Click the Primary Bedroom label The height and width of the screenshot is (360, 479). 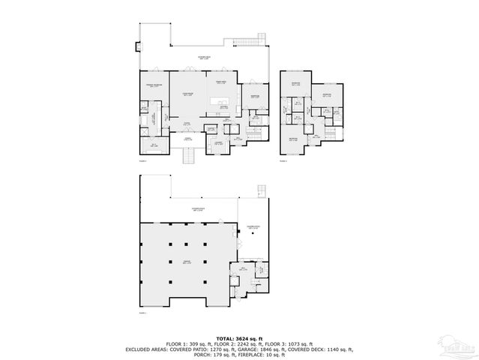pyautogui.click(x=154, y=86)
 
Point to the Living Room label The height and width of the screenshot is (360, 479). pyautogui.click(x=188, y=94)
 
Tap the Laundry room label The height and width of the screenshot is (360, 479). pyautogui.click(x=218, y=142)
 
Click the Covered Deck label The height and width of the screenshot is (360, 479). pyautogui.click(x=203, y=57)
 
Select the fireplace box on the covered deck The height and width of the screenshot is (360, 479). pyautogui.click(x=137, y=47)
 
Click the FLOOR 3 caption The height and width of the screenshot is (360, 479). pyautogui.click(x=283, y=160)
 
